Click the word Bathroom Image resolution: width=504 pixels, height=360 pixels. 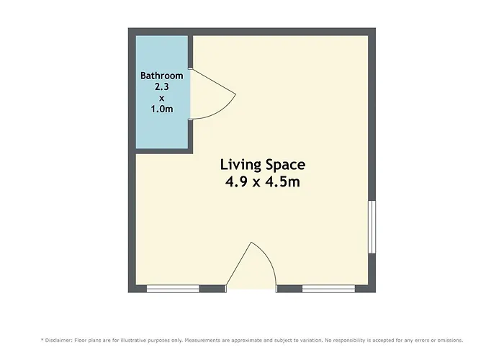click(162, 76)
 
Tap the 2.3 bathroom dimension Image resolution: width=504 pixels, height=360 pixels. click(162, 87)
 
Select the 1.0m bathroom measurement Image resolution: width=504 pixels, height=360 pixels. click(162, 109)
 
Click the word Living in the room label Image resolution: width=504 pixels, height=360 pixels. click(240, 165)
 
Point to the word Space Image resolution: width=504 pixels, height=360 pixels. click(285, 165)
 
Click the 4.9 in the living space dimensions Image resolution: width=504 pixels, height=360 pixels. click(236, 182)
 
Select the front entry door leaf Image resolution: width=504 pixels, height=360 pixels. click(239, 264)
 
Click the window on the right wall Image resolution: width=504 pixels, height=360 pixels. click(372, 227)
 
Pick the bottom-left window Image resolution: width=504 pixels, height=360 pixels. click(173, 289)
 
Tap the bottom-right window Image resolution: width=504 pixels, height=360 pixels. click(328, 289)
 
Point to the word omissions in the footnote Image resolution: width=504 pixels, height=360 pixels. click(450, 340)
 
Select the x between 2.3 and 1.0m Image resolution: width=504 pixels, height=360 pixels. click(162, 99)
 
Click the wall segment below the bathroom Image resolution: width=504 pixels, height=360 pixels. click(164, 151)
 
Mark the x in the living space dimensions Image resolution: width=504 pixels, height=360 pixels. click(256, 183)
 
